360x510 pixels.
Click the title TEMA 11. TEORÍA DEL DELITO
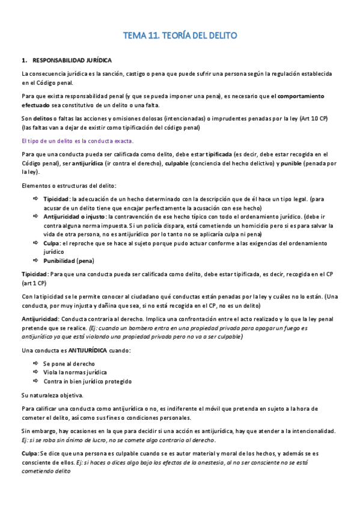coord(180,36)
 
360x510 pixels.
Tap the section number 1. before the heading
coord(24,60)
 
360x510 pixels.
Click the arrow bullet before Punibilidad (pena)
coord(36,261)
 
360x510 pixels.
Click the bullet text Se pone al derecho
coord(70,364)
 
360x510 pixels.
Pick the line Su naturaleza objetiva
coord(52,395)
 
